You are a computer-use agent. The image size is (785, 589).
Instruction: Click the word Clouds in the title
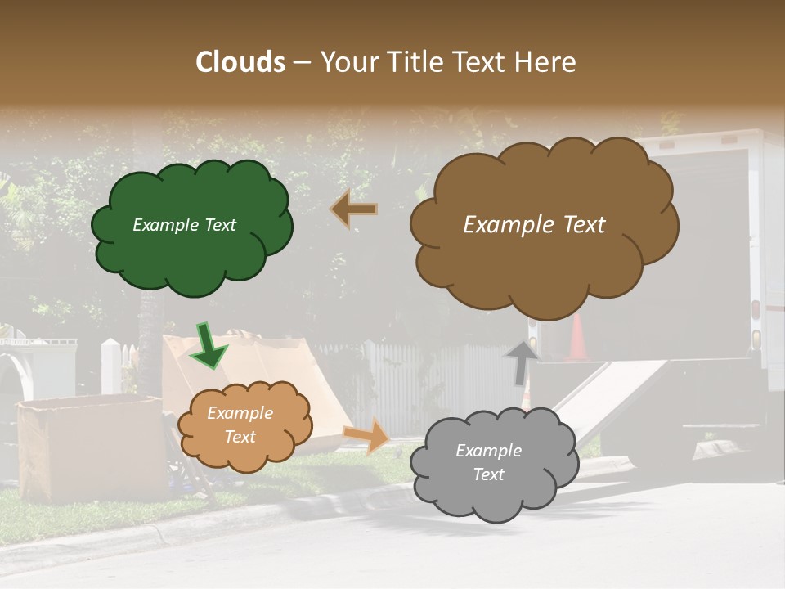coord(240,62)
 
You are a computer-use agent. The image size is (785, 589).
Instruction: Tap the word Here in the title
coord(547,62)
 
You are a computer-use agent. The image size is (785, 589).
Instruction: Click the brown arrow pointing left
coord(354,209)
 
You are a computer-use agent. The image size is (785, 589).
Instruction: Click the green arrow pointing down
coord(208,345)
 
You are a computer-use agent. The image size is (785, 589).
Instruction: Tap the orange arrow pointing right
coord(367,435)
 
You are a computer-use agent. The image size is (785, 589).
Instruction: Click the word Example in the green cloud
coord(163,225)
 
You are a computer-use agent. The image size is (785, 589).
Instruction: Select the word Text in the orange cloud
coord(240,437)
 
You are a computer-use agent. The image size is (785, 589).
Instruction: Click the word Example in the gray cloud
coord(488,451)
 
